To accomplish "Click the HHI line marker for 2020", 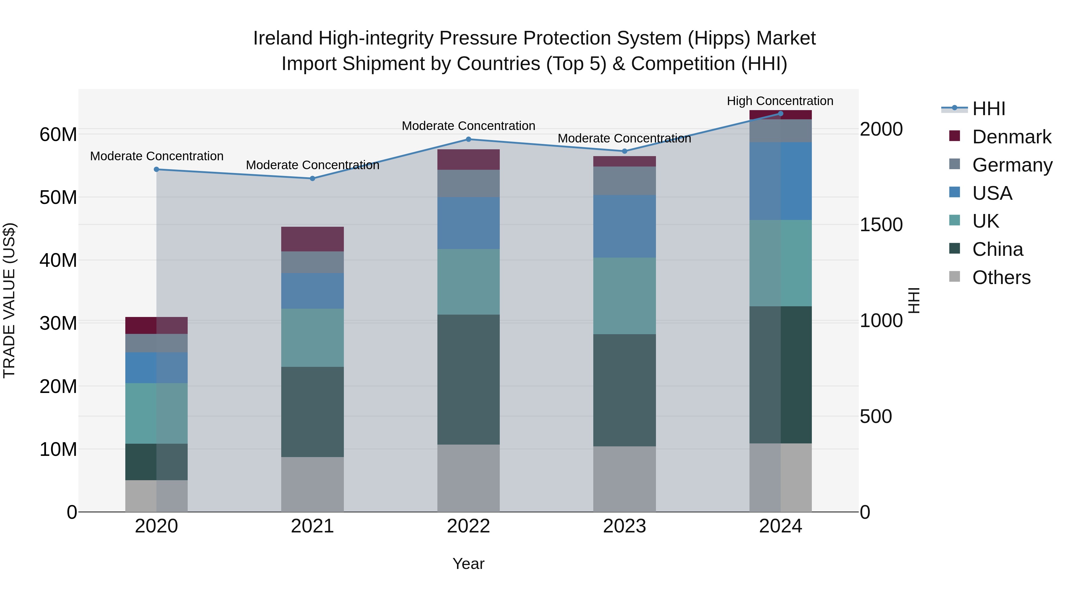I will [156, 169].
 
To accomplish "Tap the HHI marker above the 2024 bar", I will [781, 114].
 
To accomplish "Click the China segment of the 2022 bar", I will [469, 380].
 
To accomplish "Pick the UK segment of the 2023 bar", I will [624, 296].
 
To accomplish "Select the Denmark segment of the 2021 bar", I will [312, 239].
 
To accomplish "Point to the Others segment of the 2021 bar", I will [312, 484].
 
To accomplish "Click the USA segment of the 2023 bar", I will [624, 226].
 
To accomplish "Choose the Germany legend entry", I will [1012, 165].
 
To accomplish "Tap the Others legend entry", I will [1001, 277].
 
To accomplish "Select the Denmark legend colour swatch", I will [954, 136].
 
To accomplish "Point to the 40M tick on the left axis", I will [58, 261].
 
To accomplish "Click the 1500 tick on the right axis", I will [881, 225].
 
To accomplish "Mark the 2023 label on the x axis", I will [624, 526].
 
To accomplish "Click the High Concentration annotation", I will [780, 101].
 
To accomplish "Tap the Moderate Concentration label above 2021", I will [312, 165].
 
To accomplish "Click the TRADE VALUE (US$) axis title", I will [9, 300].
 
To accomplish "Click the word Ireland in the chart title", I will [283, 38].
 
